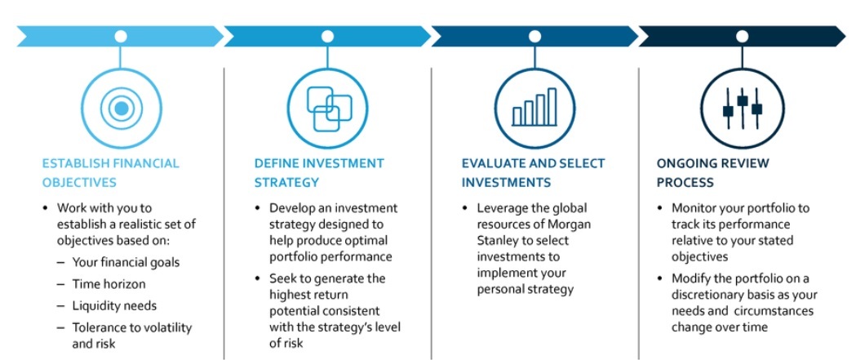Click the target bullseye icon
tap(122, 109)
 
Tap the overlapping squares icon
tap(329, 109)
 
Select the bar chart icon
tap(535, 109)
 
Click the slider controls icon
tap(742, 109)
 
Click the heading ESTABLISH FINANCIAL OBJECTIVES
tap(111, 172)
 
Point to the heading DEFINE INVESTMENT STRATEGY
tap(319, 172)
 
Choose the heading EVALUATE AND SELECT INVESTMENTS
tap(534, 172)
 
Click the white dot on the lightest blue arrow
tap(121, 37)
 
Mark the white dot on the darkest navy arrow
tap(742, 37)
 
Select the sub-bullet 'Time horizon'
tap(109, 284)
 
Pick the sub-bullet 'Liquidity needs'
tap(114, 306)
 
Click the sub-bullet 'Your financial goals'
tap(126, 263)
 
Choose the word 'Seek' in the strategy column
tap(282, 278)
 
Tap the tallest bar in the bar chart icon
tap(552, 106)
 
